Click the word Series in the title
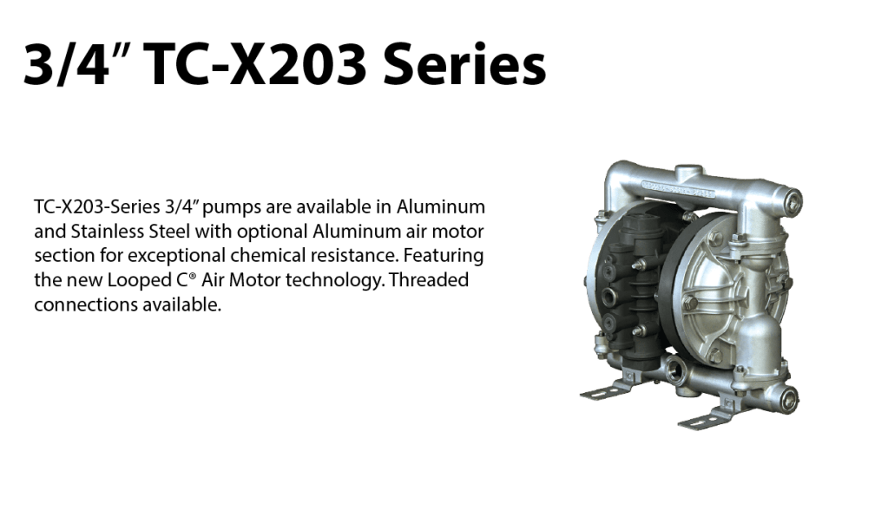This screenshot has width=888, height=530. (x=464, y=64)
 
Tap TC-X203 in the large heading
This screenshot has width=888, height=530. (x=255, y=64)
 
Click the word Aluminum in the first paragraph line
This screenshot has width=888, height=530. (x=441, y=207)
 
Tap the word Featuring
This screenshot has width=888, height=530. (x=444, y=256)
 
